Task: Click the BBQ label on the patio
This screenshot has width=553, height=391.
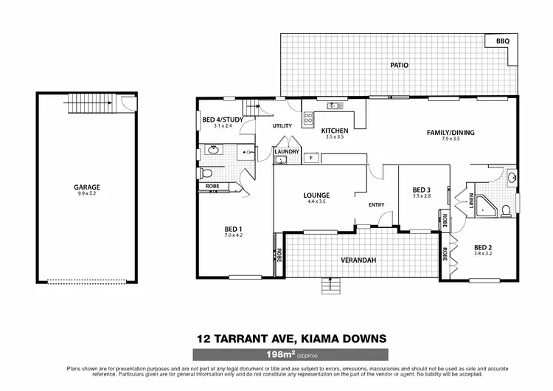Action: [503, 41]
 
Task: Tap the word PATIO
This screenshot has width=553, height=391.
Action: [399, 65]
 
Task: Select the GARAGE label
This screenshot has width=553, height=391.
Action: [86, 187]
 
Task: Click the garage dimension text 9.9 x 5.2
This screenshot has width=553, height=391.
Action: [86, 194]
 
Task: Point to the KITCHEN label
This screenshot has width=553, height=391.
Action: [335, 131]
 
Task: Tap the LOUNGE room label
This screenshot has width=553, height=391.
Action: [316, 195]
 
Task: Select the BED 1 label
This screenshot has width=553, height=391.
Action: [234, 229]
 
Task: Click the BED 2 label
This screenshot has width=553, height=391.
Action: [483, 247]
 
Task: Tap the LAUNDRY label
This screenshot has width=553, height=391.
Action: [286, 151]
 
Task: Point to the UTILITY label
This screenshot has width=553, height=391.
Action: [282, 125]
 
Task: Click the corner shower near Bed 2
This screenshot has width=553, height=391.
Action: [486, 207]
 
